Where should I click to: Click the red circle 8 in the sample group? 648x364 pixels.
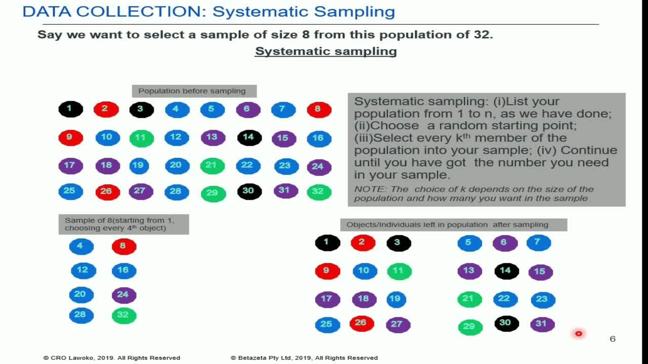(x=124, y=246)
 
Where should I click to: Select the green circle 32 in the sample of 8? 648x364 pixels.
(x=124, y=315)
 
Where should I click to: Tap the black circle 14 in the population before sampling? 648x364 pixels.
(x=250, y=138)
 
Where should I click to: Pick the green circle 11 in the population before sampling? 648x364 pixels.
(x=141, y=138)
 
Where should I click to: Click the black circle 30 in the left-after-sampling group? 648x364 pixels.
(x=507, y=323)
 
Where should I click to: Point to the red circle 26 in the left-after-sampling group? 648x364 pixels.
(x=361, y=323)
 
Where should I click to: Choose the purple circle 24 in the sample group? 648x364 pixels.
(x=124, y=295)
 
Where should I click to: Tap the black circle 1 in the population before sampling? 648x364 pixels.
(x=70, y=109)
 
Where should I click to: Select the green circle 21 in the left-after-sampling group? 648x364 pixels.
(x=469, y=299)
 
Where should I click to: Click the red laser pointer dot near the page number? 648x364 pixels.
(x=578, y=334)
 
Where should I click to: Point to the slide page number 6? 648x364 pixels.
(x=613, y=339)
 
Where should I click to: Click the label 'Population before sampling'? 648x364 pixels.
(x=192, y=91)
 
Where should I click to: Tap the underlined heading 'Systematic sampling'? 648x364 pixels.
(x=326, y=52)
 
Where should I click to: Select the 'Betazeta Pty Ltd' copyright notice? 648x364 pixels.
(x=304, y=357)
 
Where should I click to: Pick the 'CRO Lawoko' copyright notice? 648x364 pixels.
(x=112, y=357)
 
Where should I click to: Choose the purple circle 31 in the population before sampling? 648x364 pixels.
(x=286, y=191)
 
